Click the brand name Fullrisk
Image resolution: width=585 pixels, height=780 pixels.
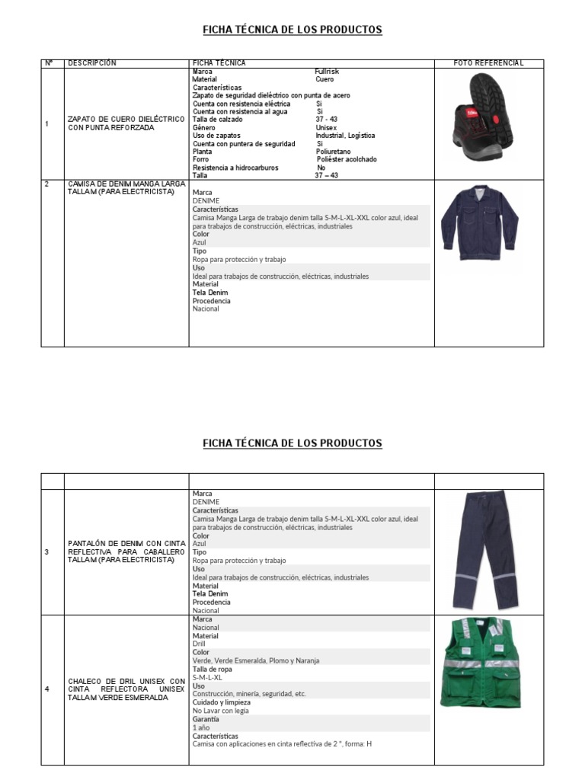coord(327,71)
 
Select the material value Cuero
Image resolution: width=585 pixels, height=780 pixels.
coord(324,79)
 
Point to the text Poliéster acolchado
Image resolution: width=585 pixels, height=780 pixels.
coord(347,160)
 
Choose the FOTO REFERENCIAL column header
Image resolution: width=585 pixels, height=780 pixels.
coord(488,63)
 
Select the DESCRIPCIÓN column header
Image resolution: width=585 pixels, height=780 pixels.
coord(92,63)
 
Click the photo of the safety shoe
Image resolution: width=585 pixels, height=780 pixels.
coord(489,122)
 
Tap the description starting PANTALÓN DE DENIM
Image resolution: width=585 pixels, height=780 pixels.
coord(126,551)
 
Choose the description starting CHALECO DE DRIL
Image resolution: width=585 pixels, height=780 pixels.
coord(126,689)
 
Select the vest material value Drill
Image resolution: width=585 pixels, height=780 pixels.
coord(201,644)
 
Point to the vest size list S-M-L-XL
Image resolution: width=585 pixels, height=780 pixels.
coord(208,677)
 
